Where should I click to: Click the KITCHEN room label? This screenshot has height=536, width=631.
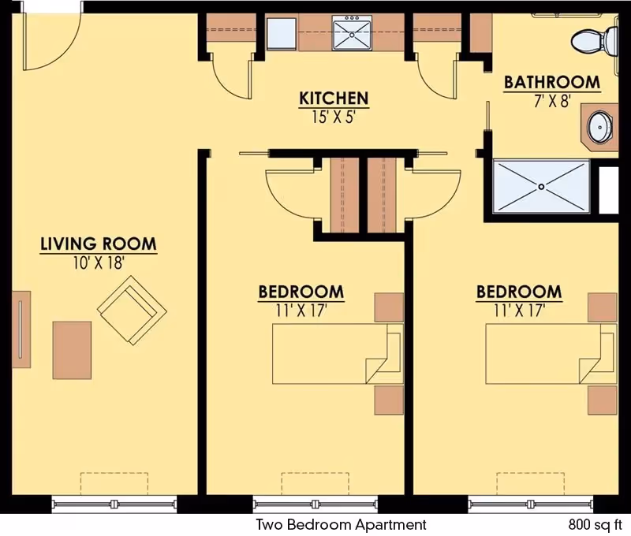[333, 99]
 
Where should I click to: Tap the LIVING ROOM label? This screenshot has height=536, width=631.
[99, 244]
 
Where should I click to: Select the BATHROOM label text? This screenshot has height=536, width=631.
[551, 82]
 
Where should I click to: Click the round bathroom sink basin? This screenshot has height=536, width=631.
[601, 127]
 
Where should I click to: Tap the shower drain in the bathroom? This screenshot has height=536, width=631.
[541, 186]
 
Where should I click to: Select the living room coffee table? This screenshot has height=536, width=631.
[72, 349]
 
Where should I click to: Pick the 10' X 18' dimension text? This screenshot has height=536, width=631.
[99, 262]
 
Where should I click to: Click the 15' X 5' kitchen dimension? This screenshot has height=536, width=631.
[333, 117]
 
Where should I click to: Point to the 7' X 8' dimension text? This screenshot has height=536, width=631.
[551, 100]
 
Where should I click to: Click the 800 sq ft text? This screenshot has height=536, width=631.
[595, 524]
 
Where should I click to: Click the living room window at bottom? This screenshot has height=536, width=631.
[115, 504]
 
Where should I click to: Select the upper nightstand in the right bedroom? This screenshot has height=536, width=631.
[602, 307]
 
